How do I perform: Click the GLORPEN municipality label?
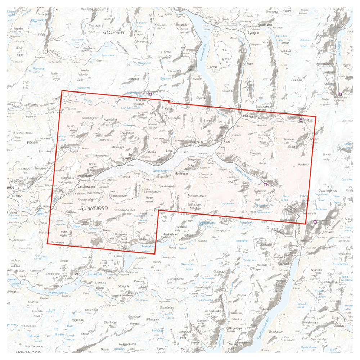(x=113, y=32)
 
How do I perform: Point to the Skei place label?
(x=226, y=142)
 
